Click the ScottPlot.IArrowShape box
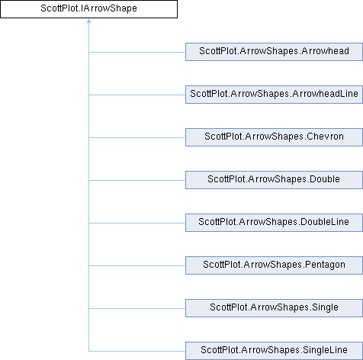[88, 9]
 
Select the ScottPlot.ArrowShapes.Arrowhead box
[274, 52]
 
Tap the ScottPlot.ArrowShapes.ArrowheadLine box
[274, 95]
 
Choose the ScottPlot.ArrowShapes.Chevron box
[274, 137]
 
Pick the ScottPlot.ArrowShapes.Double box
[274, 180]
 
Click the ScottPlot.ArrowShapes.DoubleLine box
[274, 223]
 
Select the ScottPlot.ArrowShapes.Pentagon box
[274, 265]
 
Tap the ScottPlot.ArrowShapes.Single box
[274, 308]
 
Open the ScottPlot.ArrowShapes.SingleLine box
[274, 351]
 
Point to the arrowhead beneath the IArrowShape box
[88, 21]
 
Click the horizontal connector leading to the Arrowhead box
[137, 53]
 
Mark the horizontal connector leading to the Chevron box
[137, 138]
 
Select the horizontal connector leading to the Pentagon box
[137, 266]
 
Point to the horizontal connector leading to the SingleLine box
[137, 352]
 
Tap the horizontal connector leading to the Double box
[137, 181]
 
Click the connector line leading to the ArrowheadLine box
[137, 95]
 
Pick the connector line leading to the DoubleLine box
[137, 223]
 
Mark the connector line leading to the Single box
[137, 309]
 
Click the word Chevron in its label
[325, 137]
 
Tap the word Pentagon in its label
[325, 265]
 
